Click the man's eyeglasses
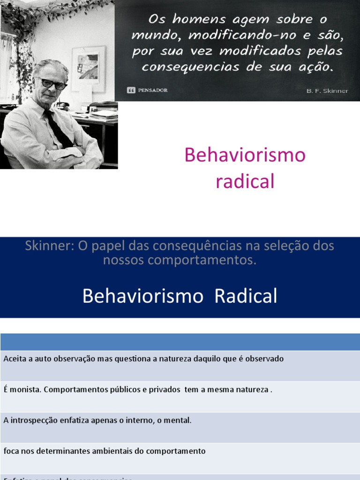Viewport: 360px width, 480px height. pyautogui.click(x=52, y=84)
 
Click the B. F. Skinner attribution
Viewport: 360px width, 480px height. pyautogui.click(x=327, y=91)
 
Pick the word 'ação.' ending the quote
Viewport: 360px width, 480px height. pyautogui.click(x=317, y=67)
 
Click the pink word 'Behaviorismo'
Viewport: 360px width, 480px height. pyautogui.click(x=245, y=155)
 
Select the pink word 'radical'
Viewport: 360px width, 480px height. pyautogui.click(x=245, y=181)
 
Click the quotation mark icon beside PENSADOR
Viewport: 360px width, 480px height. pyautogui.click(x=131, y=90)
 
